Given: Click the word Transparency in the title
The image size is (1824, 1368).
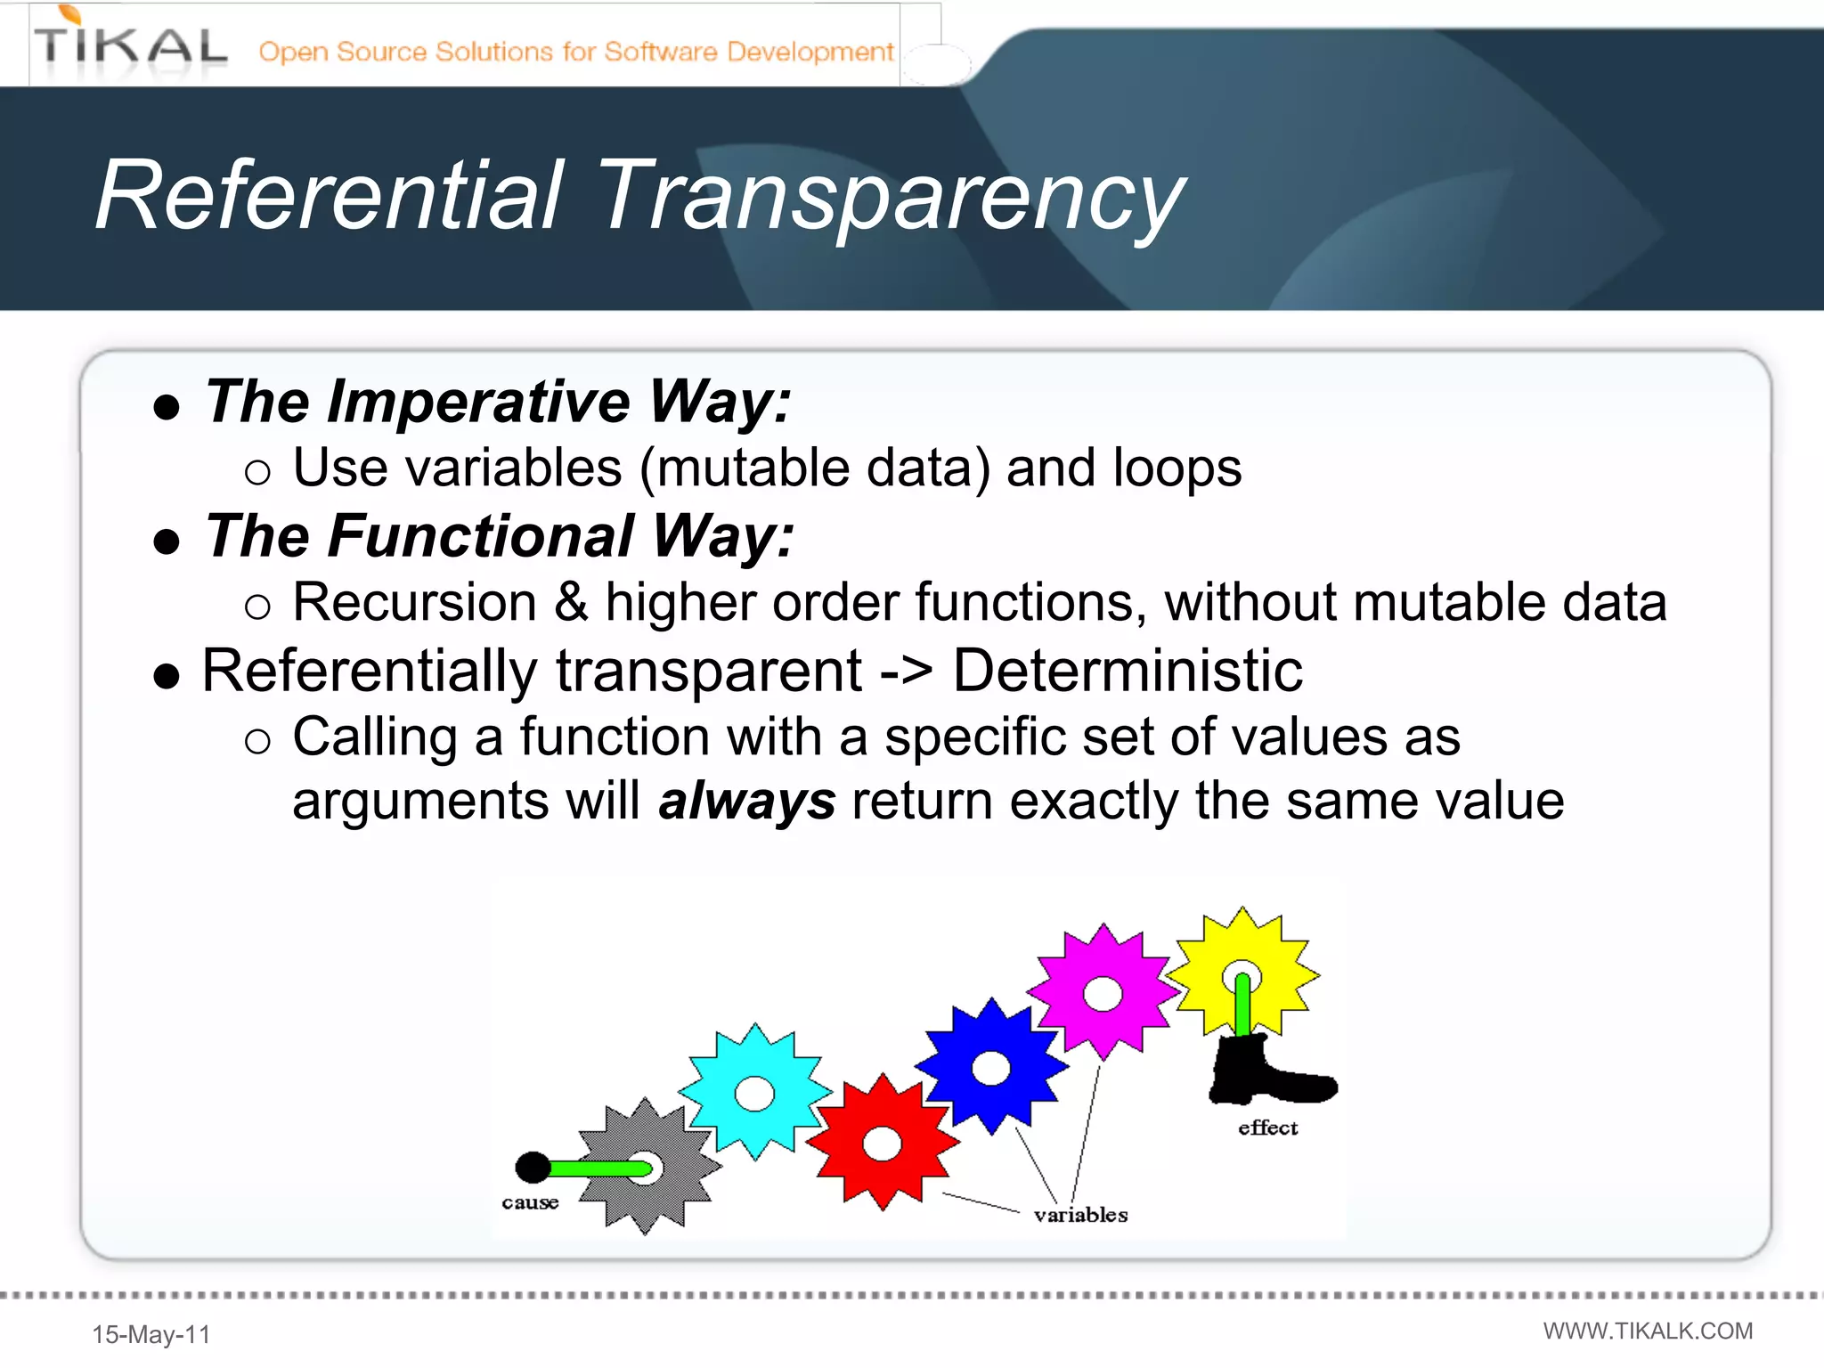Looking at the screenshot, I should point(891,198).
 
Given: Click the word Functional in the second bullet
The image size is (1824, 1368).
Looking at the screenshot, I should point(481,536).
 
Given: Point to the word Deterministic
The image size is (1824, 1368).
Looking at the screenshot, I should point(1128,670).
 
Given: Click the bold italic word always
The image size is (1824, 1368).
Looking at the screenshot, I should point(746,801).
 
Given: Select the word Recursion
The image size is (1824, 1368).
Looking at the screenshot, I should point(415,602).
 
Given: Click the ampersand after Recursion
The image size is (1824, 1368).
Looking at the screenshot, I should point(571,602).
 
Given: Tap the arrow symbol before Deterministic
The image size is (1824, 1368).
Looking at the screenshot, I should point(906,672).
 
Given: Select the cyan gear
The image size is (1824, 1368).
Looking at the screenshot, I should point(755,1092).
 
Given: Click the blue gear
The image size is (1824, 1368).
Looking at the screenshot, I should point(990,1067).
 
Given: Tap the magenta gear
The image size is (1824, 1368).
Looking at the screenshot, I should point(1103,992).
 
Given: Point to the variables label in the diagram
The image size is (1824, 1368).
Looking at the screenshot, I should point(1080,1215).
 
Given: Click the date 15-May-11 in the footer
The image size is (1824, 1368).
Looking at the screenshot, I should point(151,1334).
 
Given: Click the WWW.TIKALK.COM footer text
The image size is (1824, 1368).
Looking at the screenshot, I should point(1648,1331).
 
